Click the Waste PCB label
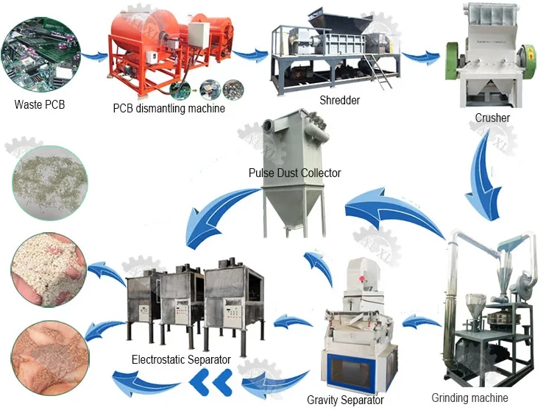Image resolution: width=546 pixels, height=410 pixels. [40, 104]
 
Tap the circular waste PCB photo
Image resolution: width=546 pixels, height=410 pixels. [40, 54]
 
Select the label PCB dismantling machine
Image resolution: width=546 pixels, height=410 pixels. [169, 108]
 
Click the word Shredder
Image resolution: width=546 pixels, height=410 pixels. [339, 100]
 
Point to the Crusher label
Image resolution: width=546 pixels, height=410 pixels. [492, 118]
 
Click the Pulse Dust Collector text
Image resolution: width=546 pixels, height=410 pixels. [294, 173]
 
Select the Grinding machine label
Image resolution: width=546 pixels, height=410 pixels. [469, 398]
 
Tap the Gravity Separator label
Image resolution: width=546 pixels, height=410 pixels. [345, 400]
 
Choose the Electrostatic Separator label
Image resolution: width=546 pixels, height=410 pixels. [181, 359]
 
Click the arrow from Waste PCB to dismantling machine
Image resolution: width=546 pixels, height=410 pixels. [94, 56]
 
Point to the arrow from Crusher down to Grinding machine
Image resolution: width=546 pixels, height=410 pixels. [486, 174]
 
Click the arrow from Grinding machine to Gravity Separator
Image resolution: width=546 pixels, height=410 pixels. [421, 321]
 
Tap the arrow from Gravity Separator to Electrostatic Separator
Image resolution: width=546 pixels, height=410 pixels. [292, 322]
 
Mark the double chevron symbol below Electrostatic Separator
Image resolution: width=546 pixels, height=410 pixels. [210, 383]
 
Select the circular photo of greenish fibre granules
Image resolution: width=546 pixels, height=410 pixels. [50, 183]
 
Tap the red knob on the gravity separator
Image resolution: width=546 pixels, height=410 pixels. [362, 278]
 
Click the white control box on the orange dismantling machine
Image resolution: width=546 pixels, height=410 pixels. [199, 34]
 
